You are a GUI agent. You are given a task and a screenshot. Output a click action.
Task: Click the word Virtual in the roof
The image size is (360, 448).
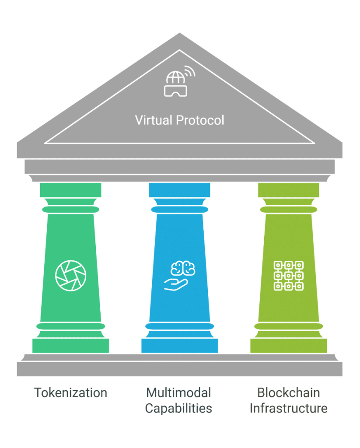154,120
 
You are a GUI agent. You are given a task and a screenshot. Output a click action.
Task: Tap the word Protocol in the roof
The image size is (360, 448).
200,120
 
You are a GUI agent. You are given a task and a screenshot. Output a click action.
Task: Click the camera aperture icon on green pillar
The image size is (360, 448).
70,276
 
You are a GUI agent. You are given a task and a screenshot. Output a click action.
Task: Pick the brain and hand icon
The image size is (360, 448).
179,276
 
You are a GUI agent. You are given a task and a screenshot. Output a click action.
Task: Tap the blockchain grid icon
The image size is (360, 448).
289,276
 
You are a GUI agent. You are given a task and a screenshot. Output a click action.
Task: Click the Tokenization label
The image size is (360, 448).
70,392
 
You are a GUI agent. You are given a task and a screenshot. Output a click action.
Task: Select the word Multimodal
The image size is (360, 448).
178,392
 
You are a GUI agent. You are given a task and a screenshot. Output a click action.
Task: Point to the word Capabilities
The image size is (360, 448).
178,408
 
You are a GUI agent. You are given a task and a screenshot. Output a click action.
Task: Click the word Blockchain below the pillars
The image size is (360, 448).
289,392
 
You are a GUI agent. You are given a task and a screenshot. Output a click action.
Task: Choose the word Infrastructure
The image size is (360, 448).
289,408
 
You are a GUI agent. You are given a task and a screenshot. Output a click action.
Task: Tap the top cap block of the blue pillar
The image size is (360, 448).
179,190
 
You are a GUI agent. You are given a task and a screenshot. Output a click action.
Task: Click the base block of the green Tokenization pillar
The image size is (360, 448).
70,346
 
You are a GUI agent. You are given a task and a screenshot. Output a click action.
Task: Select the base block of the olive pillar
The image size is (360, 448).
289,346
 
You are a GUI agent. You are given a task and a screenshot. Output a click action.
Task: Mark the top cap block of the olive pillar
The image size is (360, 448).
289,190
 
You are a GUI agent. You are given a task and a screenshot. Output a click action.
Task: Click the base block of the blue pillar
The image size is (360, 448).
179,346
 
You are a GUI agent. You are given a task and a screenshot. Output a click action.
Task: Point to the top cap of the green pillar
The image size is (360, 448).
70,190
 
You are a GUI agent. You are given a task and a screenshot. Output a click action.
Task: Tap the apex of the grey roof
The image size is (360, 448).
179,33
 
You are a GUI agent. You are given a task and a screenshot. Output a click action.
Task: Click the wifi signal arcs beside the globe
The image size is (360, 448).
190,71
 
